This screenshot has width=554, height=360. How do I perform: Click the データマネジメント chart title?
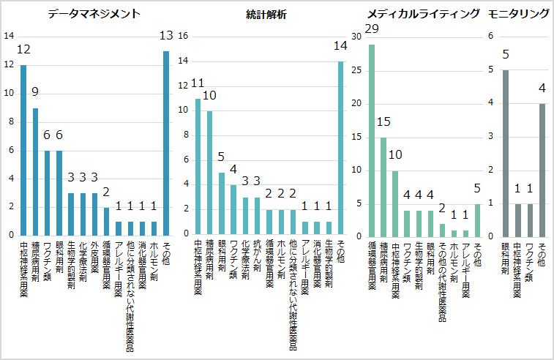tap(94, 14)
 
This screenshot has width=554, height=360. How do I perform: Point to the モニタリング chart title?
tap(519, 14)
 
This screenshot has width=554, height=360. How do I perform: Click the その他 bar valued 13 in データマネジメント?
tap(166, 143)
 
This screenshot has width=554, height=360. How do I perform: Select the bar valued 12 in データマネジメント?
tap(23, 150)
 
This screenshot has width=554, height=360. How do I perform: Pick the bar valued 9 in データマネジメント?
tap(35, 171)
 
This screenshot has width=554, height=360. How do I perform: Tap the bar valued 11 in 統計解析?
tap(198, 166)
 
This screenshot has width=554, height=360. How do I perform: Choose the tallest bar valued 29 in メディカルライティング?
tap(372, 140)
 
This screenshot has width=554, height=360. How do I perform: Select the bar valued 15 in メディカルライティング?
tap(383, 187)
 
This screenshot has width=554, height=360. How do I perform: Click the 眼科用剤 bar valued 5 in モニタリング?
tap(506, 153)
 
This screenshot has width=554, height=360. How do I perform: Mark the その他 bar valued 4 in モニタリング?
tap(542, 170)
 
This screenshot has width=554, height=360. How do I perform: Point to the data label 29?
tap(371, 29)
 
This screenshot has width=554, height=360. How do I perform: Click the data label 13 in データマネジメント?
tap(166, 36)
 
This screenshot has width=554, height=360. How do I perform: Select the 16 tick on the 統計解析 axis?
tap(184, 37)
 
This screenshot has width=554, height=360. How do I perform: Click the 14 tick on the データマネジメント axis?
tap(9, 37)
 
